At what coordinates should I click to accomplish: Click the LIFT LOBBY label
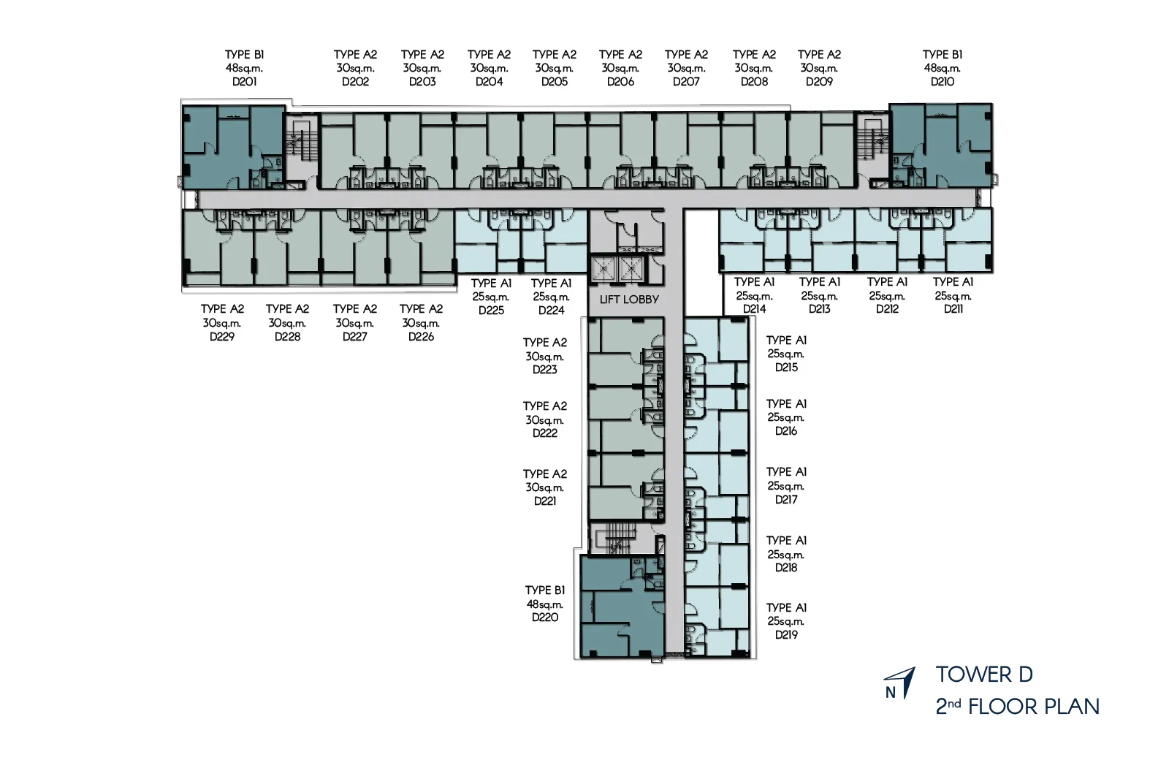click(629, 300)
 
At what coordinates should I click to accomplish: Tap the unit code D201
click(244, 82)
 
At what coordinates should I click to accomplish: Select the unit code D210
click(943, 82)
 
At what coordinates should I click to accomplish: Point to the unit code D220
click(545, 617)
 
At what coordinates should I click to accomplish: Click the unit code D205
click(555, 82)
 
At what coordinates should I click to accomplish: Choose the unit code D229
click(222, 337)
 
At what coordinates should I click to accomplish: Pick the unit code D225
click(491, 311)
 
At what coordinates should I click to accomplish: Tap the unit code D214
click(754, 309)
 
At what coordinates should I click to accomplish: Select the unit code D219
click(786, 635)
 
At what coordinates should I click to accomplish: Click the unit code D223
click(545, 370)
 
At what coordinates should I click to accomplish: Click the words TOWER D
click(984, 674)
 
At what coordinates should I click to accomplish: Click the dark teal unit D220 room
click(622, 607)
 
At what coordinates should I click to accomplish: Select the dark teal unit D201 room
click(233, 147)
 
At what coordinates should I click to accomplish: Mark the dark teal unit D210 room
click(942, 145)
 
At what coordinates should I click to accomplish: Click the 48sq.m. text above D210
click(943, 69)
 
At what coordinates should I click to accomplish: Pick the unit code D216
click(786, 431)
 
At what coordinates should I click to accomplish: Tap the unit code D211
click(953, 309)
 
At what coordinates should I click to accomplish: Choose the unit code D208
click(754, 82)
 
